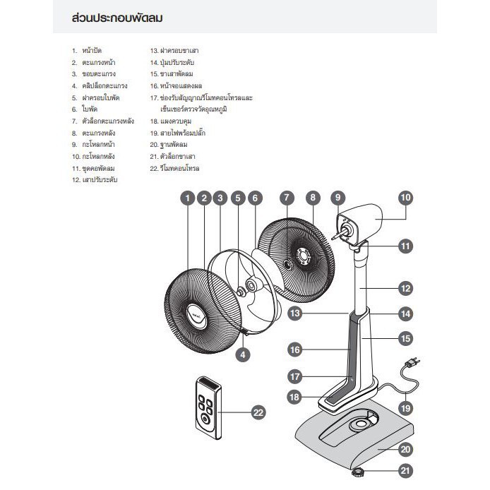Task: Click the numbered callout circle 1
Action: click(187, 198)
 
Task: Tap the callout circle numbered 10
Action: click(405, 198)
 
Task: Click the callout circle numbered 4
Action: click(242, 355)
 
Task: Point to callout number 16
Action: click(295, 349)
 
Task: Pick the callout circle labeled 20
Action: click(405, 449)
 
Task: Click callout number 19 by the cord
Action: click(405, 407)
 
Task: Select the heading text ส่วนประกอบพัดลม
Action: click(117, 18)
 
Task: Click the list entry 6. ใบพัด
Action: click(85, 109)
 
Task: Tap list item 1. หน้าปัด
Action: click(89, 51)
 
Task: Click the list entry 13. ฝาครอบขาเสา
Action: click(172, 51)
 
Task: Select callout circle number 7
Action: click(285, 198)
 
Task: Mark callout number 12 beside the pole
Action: click(405, 288)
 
